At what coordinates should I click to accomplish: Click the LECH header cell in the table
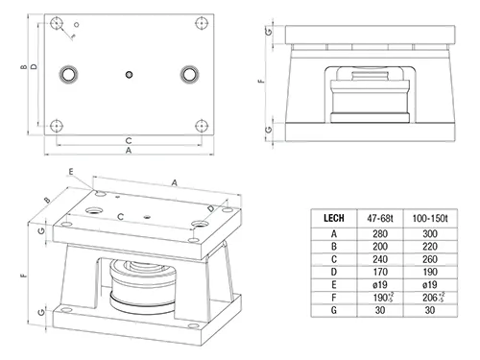[x=334, y=218]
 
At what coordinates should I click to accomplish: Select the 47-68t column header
[x=380, y=218]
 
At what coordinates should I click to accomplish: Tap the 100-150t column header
[x=430, y=218]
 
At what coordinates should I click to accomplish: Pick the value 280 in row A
[x=380, y=234]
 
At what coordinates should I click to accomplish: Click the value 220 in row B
[x=430, y=247]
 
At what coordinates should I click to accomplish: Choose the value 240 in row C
[x=380, y=259]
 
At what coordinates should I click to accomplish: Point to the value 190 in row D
[x=430, y=272]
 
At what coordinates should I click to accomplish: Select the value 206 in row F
[x=429, y=298]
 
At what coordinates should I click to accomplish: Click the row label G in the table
[x=334, y=310]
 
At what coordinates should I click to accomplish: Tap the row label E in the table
[x=334, y=285]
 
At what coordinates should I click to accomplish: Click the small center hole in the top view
[x=129, y=75]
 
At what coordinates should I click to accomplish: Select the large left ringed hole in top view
[x=68, y=74]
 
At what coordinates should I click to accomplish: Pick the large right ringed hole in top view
[x=189, y=74]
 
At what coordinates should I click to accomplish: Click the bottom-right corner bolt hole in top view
[x=202, y=126]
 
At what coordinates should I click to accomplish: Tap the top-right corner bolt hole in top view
[x=202, y=23]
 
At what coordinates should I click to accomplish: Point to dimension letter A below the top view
[x=129, y=150]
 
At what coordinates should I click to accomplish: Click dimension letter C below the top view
[x=129, y=140]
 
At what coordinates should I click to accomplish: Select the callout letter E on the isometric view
[x=71, y=172]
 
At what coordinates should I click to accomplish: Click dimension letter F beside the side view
[x=261, y=81]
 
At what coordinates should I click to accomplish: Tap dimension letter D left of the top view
[x=34, y=67]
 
